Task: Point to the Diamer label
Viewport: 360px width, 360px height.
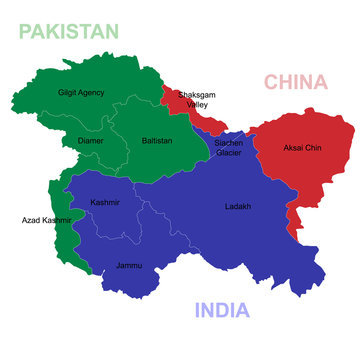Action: (x=90, y=141)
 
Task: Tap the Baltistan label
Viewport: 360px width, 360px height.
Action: (x=157, y=141)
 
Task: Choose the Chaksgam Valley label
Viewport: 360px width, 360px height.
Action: (x=194, y=99)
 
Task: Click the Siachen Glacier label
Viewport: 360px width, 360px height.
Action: (x=228, y=148)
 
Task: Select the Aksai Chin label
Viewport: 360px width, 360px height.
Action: (x=302, y=147)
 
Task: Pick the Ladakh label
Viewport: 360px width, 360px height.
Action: (x=238, y=207)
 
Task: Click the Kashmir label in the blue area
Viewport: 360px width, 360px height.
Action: (x=105, y=202)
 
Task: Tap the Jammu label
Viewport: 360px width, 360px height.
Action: (x=129, y=265)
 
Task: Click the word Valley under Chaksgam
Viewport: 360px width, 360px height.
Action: (x=197, y=104)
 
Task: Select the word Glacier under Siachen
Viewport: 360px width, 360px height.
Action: (x=228, y=153)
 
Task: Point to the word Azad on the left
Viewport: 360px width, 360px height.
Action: (x=31, y=219)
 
